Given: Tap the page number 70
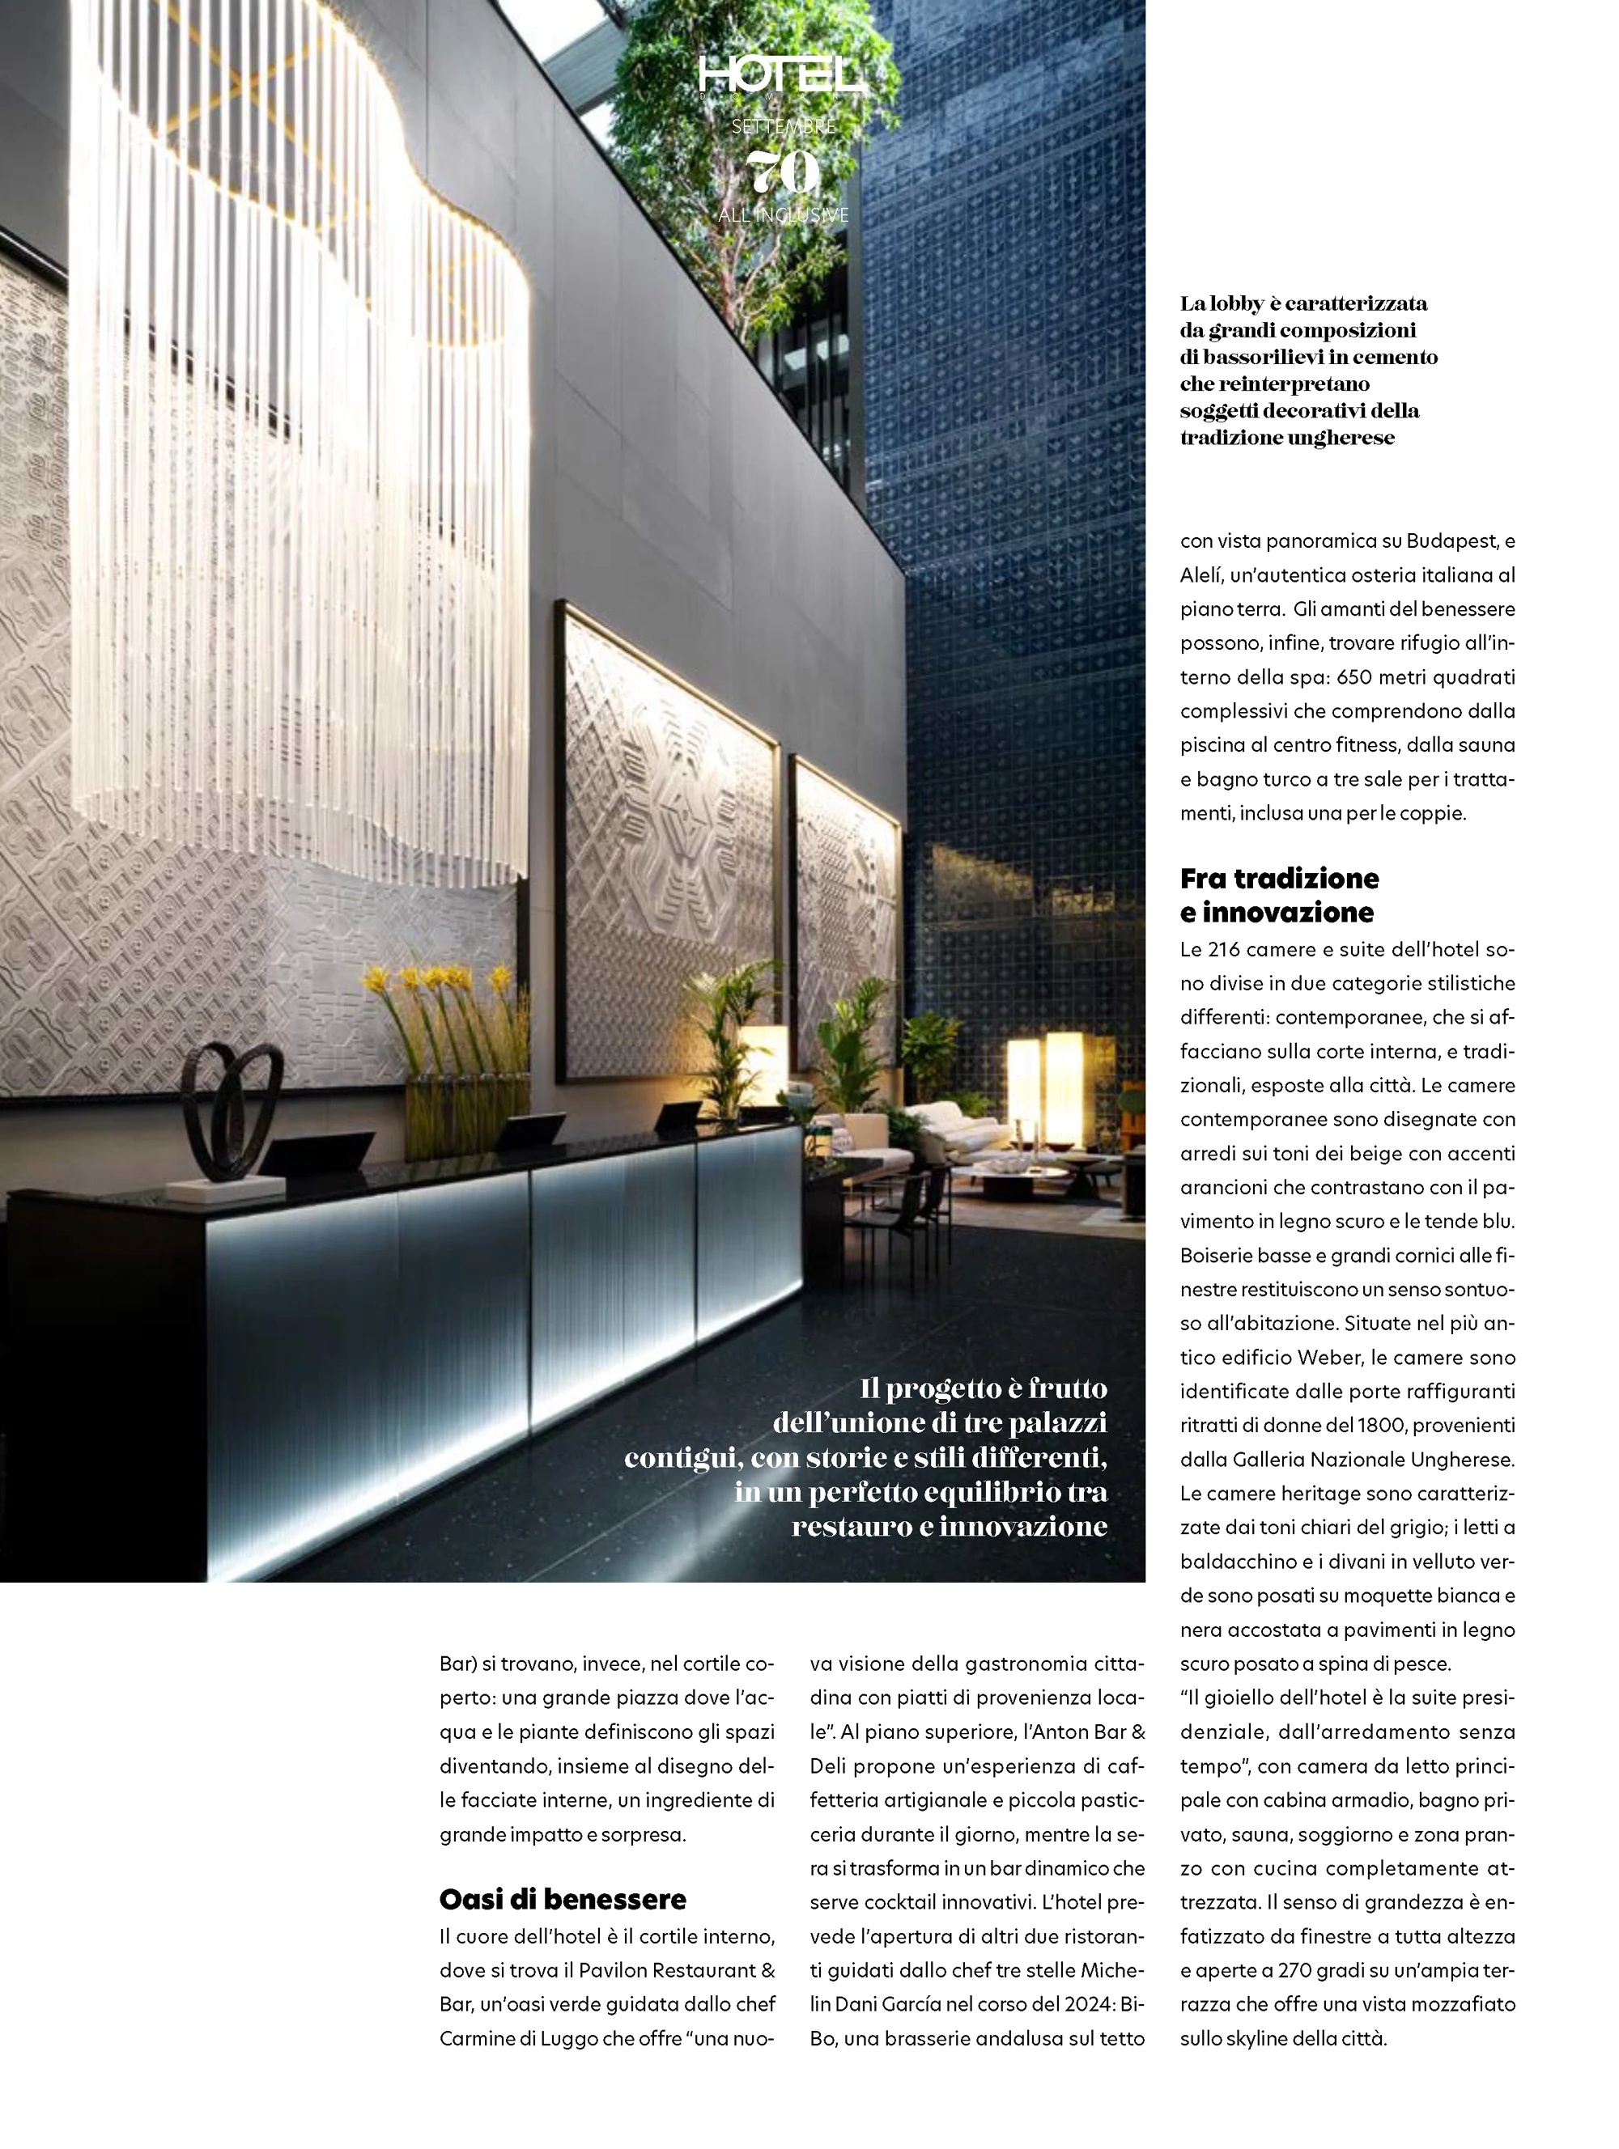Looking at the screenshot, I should point(784,173).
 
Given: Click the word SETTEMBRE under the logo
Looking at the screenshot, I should point(784,126).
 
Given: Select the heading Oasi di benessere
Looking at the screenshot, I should point(562,1899).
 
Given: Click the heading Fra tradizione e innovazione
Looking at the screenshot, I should point(1279,895).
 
